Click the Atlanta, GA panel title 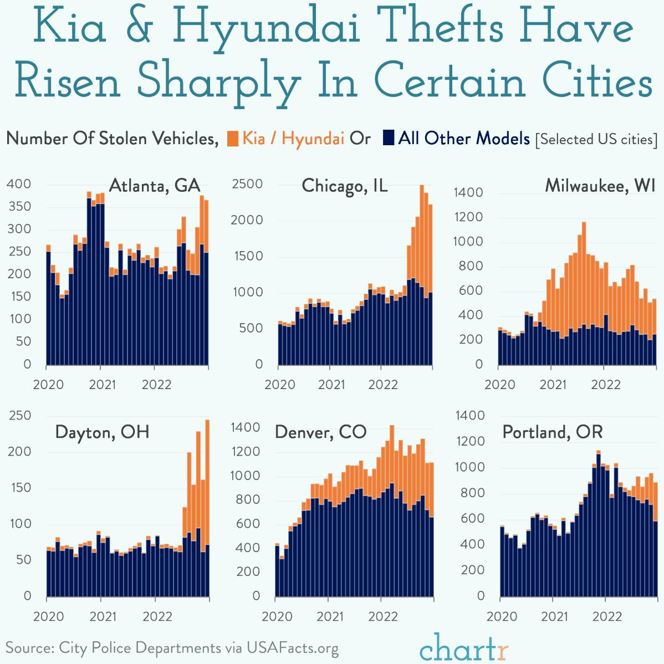pyautogui.click(x=154, y=185)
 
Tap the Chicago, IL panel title pyautogui.click(x=344, y=186)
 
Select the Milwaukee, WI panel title pyautogui.click(x=600, y=185)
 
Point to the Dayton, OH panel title pyautogui.click(x=102, y=432)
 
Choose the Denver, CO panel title pyautogui.click(x=320, y=432)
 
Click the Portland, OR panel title pyautogui.click(x=552, y=432)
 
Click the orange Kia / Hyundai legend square pyautogui.click(x=233, y=138)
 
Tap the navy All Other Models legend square pyautogui.click(x=388, y=138)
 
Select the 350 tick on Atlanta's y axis pyautogui.click(x=19, y=207)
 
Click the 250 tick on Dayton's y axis pyautogui.click(x=19, y=416)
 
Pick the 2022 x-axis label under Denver pyautogui.click(x=382, y=616)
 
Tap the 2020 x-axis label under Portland pyautogui.click(x=502, y=616)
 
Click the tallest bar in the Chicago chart pyautogui.click(x=422, y=274)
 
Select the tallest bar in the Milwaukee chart pyautogui.click(x=584, y=293)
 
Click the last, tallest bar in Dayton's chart pyautogui.click(x=207, y=507)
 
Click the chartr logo pyautogui.click(x=463, y=647)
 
